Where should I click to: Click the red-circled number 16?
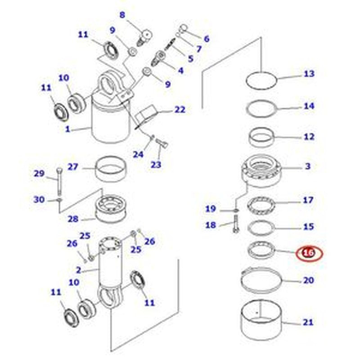tap(309, 253)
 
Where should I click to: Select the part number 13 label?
tap(309, 74)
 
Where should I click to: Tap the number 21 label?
tap(308, 322)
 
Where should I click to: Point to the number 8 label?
tap(122, 14)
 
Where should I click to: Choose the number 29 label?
tap(40, 173)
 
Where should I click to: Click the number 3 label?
tap(308, 166)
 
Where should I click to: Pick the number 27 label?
tap(73, 167)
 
